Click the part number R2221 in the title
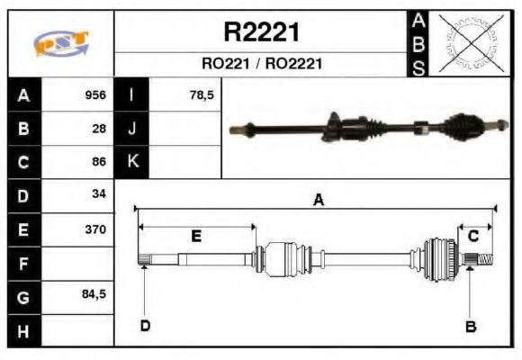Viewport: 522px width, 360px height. tap(261, 32)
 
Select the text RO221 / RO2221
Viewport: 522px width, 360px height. tap(261, 64)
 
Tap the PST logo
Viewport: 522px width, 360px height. tap(60, 44)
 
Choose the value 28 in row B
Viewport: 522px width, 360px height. tap(99, 129)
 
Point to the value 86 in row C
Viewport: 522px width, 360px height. tap(99, 162)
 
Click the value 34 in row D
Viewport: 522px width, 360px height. tap(99, 194)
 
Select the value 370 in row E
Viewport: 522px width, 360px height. tap(95, 229)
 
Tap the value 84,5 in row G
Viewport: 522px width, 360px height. tap(94, 294)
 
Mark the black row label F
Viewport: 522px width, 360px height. tap(23, 264)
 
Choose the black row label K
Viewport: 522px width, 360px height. tap(132, 162)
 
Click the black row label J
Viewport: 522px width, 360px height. tap(132, 129)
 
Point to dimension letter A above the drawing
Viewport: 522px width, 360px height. tap(318, 202)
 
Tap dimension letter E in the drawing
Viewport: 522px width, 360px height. tap(196, 236)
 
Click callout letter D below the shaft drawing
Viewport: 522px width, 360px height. tap(145, 326)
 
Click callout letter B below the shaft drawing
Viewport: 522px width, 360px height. tap(470, 326)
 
